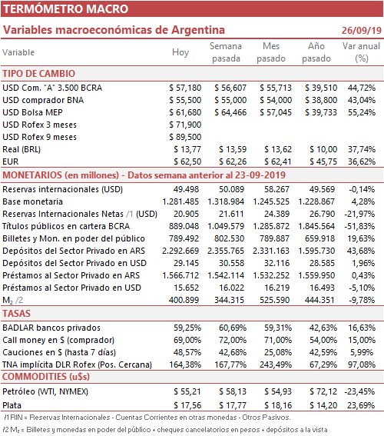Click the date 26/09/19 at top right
(x=362, y=30)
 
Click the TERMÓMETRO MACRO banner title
(x=65, y=9)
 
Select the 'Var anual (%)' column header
(x=361, y=52)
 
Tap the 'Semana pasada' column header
(x=226, y=52)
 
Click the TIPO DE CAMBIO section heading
(x=39, y=73)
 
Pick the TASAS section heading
(x=16, y=314)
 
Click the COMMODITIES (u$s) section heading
(x=46, y=377)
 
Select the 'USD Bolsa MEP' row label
(x=32, y=112)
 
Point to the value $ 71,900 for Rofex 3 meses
(x=185, y=125)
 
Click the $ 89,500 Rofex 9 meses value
(x=185, y=137)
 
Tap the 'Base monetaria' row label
(x=33, y=201)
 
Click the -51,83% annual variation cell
(x=359, y=226)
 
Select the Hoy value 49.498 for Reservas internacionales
(x=186, y=189)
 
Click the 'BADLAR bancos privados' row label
(x=51, y=328)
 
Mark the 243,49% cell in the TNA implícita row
(x=276, y=364)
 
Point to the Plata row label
(x=12, y=405)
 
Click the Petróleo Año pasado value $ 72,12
(x=323, y=391)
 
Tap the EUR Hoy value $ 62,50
(x=187, y=161)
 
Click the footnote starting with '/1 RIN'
(x=147, y=418)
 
